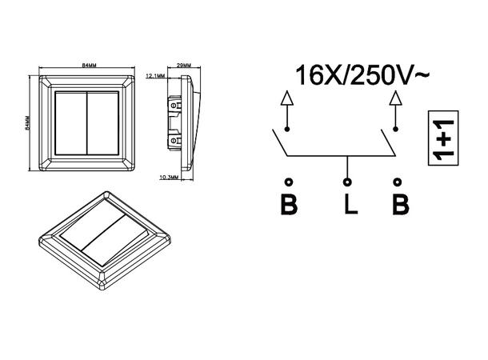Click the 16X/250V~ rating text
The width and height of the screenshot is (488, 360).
coord(362,75)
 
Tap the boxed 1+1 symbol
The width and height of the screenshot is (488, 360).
coord(443,138)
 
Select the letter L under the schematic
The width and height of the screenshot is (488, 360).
coord(351,204)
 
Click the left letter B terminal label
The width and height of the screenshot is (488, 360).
coord(289,204)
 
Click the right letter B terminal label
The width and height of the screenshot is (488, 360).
coord(401,204)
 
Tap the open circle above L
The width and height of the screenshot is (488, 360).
coord(347,182)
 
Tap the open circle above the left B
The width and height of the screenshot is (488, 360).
coord(289,182)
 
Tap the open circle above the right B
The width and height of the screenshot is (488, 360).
coord(397,182)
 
